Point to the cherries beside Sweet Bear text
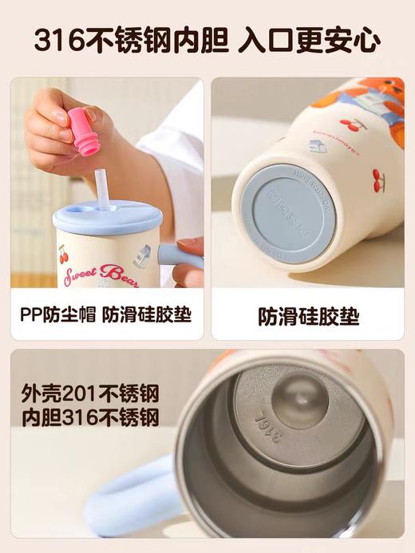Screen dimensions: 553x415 pyautogui.click(x=63, y=255)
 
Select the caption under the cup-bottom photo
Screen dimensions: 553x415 pyautogui.click(x=308, y=317)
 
